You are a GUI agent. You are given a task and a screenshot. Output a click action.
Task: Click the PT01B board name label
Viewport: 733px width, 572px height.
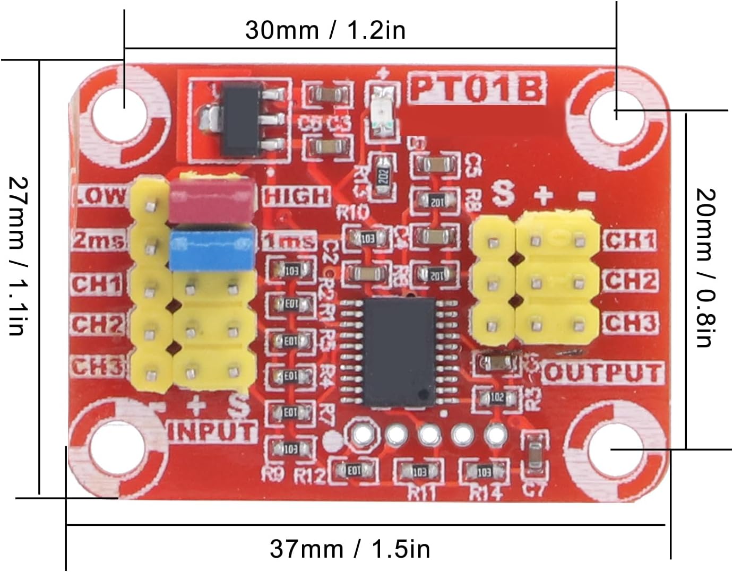pos(476,89)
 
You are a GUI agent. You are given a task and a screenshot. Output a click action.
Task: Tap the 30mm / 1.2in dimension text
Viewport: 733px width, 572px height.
pos(325,30)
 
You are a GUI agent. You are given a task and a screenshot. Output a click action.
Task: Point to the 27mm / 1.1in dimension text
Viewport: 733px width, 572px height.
pos(17,256)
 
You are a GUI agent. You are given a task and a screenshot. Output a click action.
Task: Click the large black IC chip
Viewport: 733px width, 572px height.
pos(398,352)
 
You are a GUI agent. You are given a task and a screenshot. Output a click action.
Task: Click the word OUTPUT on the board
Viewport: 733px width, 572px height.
pos(603,373)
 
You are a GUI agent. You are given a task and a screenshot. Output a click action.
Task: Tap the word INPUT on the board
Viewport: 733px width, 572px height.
pos(212,431)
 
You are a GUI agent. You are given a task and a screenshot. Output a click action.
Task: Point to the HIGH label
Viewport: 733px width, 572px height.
pos(297,196)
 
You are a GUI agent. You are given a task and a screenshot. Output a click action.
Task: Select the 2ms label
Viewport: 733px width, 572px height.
pos(99,241)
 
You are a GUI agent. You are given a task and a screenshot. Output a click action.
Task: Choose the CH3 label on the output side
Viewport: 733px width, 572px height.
pos(630,323)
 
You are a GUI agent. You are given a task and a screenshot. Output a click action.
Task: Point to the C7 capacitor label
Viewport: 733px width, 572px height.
pos(533,488)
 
